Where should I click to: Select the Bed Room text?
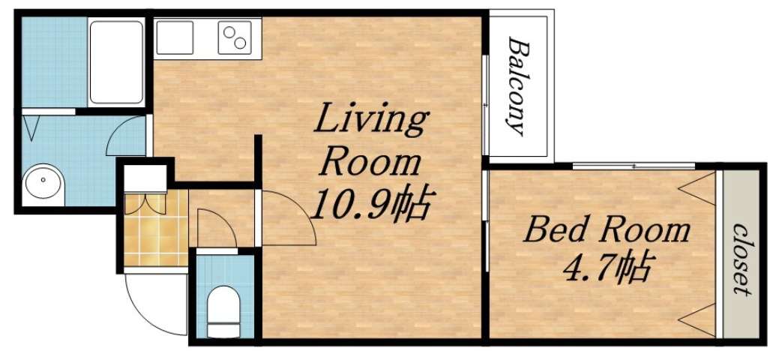tap(606, 229)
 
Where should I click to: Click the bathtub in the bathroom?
tap(115, 61)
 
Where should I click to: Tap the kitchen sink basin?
tap(175, 37)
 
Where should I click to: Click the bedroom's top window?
tap(634, 166)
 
